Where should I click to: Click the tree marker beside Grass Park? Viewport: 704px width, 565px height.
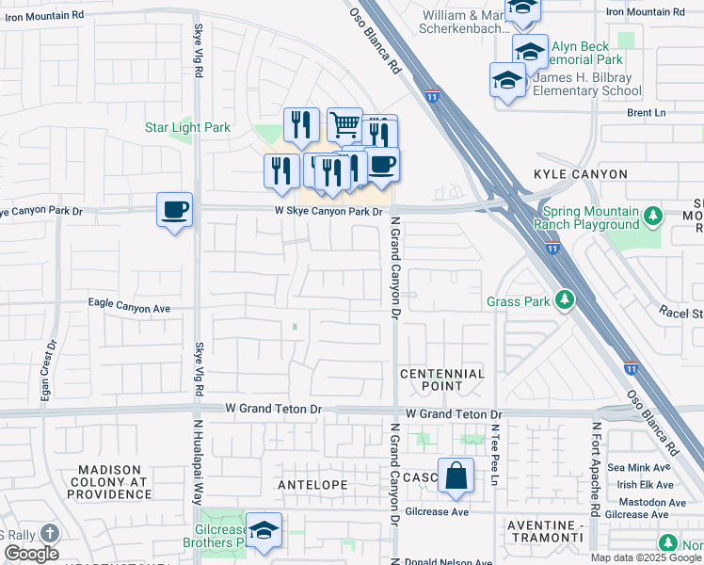(564, 300)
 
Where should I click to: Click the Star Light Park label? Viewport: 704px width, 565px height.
(187, 127)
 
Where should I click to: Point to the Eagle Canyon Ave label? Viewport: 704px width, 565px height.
(129, 307)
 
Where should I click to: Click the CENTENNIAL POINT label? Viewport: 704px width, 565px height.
(442, 379)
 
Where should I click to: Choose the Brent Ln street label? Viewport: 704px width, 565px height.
(647, 112)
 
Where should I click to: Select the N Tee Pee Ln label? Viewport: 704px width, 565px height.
(492, 457)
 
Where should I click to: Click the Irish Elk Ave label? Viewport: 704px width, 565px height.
(640, 484)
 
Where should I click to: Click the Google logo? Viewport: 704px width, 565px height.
(31, 553)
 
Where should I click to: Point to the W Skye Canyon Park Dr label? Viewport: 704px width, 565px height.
(328, 211)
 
